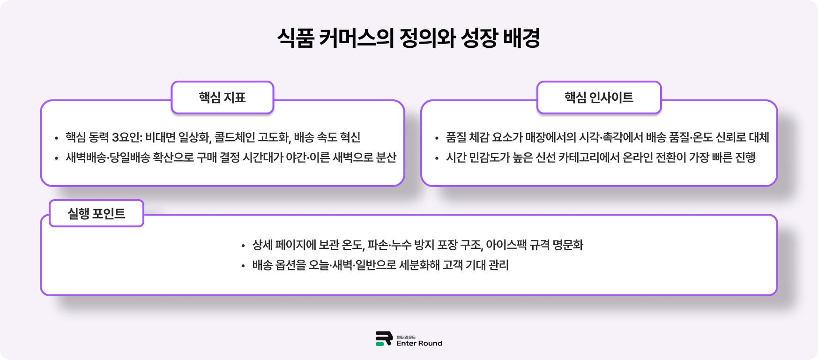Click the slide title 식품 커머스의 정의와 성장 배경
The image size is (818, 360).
click(409, 38)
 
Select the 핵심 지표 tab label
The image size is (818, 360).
click(222, 97)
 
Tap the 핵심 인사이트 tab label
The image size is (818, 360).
click(599, 97)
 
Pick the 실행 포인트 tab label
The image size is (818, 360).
click(97, 214)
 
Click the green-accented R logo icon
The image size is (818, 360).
click(384, 338)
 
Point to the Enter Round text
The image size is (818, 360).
click(419, 344)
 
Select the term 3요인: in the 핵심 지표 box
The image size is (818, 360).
click(127, 137)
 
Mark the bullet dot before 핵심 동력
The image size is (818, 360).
click(56, 138)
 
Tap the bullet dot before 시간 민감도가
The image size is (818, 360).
click(437, 158)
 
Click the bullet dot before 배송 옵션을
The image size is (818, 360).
click(243, 266)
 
